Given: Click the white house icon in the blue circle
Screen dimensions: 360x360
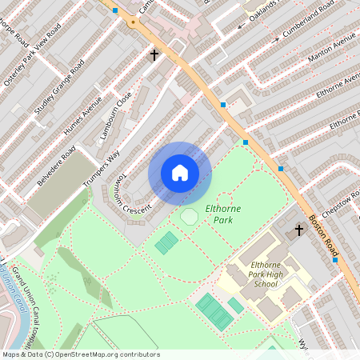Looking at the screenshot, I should pos(180,173).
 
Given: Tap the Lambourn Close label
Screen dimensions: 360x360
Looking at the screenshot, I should pos(116,116).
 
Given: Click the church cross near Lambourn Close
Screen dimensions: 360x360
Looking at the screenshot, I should pos(155,55).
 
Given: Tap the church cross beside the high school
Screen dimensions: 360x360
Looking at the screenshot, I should pos(299,230).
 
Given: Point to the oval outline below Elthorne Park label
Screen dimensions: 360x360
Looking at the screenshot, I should pos(189,217).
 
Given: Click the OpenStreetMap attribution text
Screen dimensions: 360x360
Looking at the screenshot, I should pos(80,354).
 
